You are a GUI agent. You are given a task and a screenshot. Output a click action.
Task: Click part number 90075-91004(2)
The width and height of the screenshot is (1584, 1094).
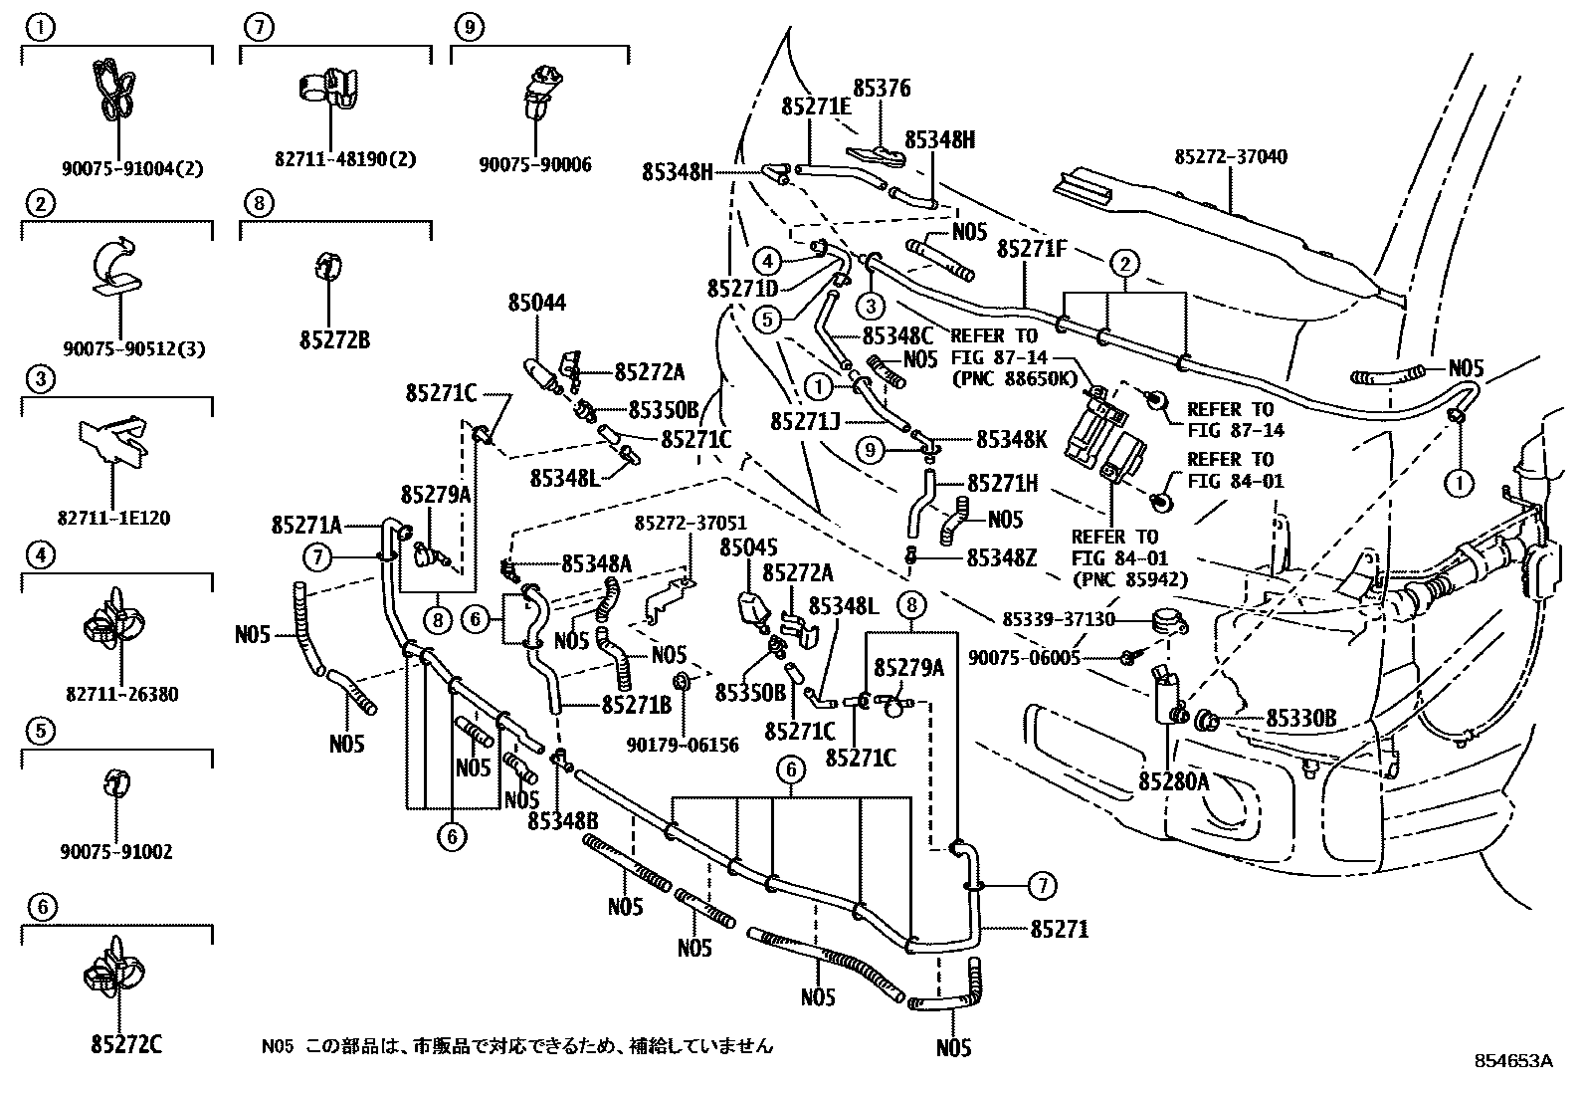tap(131, 169)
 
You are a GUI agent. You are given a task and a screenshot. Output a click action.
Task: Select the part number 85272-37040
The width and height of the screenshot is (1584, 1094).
tap(1230, 157)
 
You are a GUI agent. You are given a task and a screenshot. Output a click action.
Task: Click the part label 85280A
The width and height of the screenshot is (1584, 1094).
tap(1173, 782)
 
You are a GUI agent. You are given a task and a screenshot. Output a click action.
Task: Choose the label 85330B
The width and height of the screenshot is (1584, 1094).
tap(1300, 719)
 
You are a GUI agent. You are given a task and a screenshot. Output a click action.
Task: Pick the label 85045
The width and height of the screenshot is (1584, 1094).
tap(748, 547)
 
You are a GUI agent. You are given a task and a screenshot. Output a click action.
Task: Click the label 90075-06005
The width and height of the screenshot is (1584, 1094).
tap(1023, 658)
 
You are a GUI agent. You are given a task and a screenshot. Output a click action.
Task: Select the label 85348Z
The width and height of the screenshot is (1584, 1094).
tap(1001, 558)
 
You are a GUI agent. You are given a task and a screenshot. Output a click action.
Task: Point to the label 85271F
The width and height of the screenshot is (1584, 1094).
tap(1032, 250)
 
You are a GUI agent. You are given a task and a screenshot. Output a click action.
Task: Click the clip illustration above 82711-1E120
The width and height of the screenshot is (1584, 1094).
tap(113, 440)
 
